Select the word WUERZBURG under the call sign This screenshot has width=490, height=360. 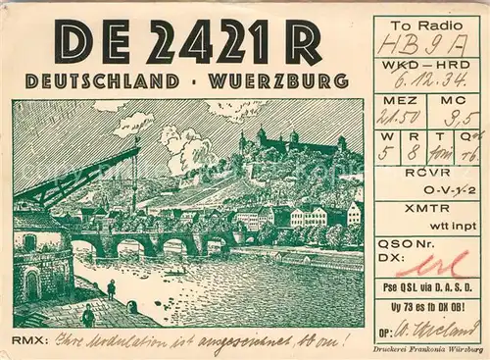pos(278,82)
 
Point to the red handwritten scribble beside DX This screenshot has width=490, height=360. pos(433,262)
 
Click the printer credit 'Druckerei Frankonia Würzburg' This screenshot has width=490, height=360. pos(428,349)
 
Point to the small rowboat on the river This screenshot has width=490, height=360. pos(176,272)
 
